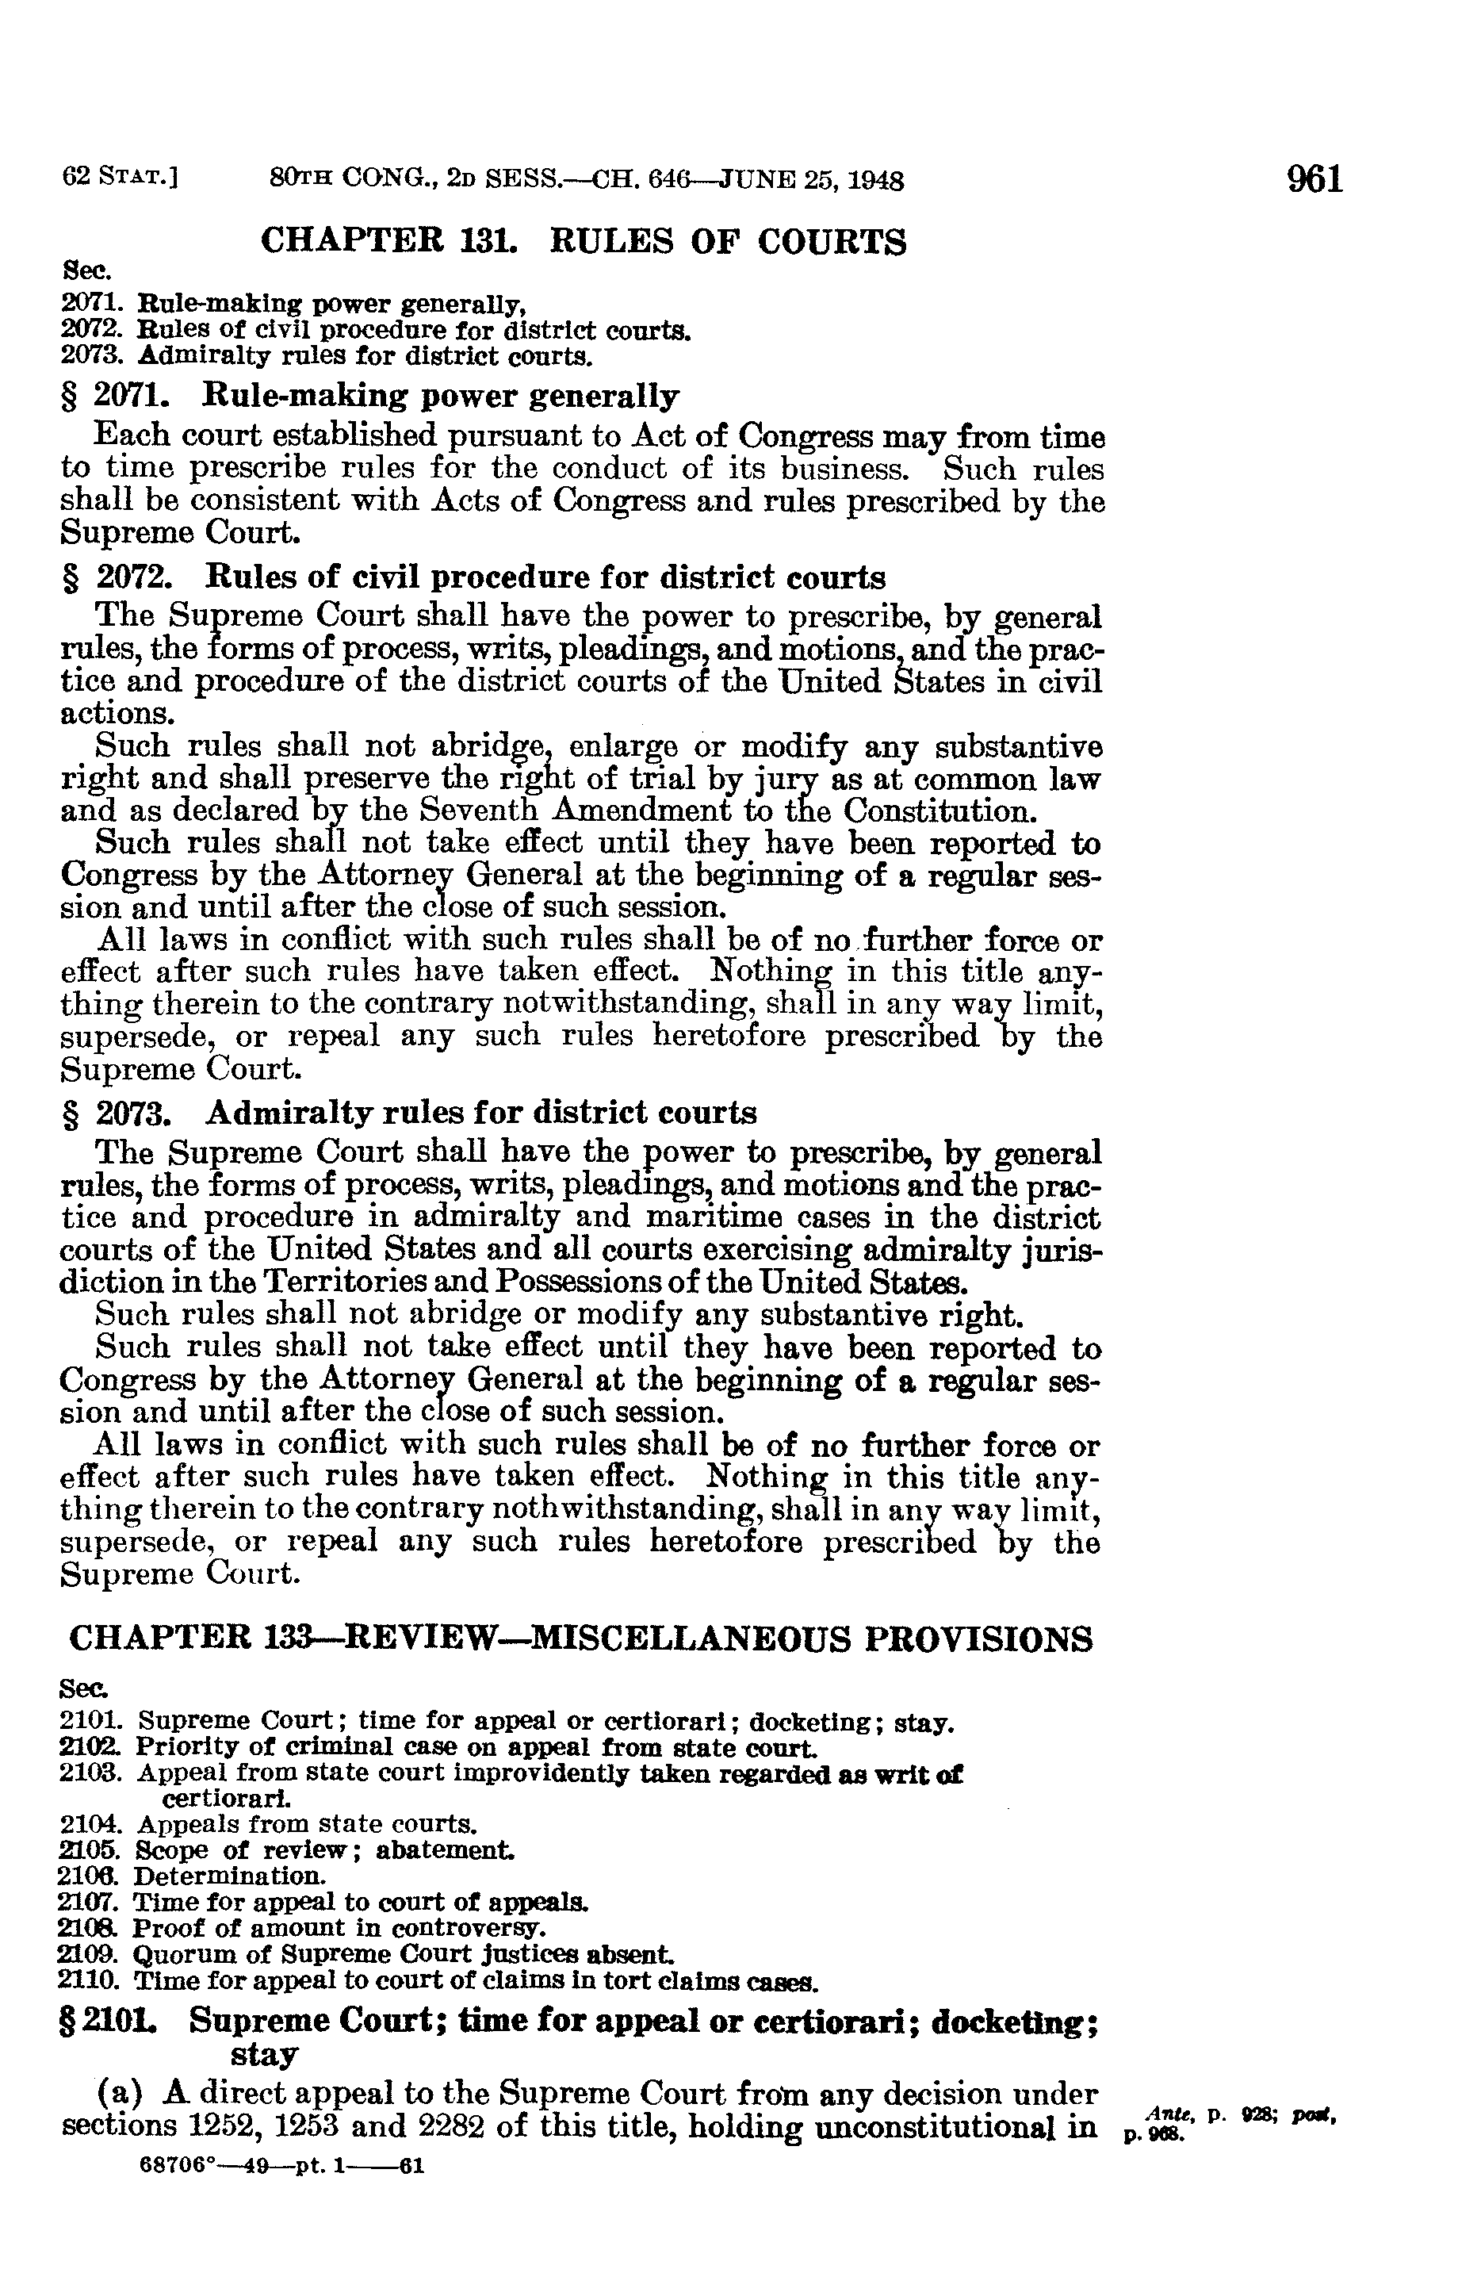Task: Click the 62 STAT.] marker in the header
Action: tap(121, 178)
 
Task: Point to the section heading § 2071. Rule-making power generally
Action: tap(370, 396)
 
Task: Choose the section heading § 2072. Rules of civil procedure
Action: tap(473, 577)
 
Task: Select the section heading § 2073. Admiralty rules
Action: tap(409, 1112)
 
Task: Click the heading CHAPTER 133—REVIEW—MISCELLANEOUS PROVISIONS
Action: tap(581, 1639)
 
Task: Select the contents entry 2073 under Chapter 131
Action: tap(327, 357)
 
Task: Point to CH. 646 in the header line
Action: tap(637, 180)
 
